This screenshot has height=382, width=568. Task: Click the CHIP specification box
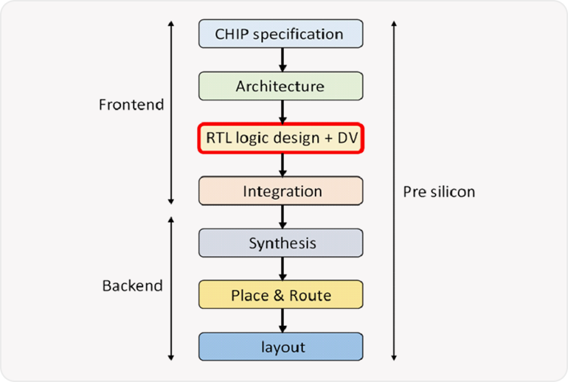tap(280, 34)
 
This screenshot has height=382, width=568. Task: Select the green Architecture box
tap(280, 86)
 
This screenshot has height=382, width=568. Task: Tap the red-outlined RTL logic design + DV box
tap(280, 139)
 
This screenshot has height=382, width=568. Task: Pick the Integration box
tap(280, 191)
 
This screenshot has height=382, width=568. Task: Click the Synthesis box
tap(280, 243)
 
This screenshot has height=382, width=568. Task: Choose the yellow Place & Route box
tap(280, 295)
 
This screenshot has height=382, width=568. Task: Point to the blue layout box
tap(280, 347)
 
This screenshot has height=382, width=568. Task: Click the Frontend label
tap(131, 105)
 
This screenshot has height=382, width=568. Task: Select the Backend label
tap(132, 285)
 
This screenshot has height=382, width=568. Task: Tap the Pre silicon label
tap(439, 192)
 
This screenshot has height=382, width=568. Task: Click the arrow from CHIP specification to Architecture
tap(281, 60)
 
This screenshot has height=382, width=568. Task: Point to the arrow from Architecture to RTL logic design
tap(281, 112)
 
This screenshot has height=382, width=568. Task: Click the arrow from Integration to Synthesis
tap(281, 217)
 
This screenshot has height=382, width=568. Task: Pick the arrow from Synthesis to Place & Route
tap(281, 269)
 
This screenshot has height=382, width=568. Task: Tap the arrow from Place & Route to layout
tap(281, 321)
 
